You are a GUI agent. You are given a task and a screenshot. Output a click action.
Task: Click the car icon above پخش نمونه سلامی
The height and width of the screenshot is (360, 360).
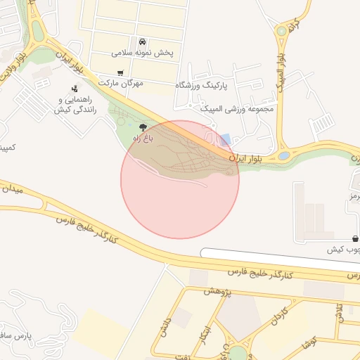click(143, 41)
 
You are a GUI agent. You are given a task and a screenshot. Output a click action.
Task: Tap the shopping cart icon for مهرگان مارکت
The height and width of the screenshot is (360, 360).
click(120, 72)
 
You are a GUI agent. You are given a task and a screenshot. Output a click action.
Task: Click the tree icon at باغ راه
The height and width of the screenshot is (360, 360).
click(143, 127)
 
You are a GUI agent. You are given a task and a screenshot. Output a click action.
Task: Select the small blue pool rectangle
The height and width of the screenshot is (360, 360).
click(225, 139)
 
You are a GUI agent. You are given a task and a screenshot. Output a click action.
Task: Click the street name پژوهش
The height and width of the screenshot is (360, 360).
click(218, 292)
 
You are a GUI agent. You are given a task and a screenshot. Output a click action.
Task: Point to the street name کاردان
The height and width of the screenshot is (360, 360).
click(276, 319)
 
